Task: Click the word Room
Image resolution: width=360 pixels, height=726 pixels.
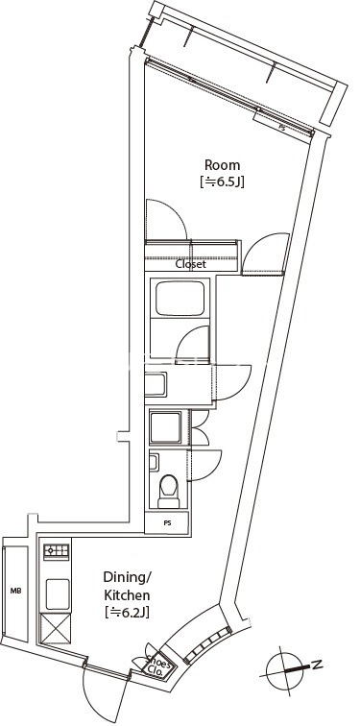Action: click(x=222, y=164)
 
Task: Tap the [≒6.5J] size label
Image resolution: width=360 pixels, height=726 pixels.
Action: click(x=223, y=181)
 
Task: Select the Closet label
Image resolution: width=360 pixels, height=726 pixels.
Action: click(x=190, y=265)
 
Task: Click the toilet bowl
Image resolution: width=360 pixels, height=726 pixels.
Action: click(x=168, y=491)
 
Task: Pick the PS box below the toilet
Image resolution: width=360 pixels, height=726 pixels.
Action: click(x=167, y=523)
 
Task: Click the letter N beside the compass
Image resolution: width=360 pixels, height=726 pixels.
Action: click(x=316, y=665)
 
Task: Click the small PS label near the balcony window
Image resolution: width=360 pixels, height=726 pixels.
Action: click(x=281, y=126)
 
